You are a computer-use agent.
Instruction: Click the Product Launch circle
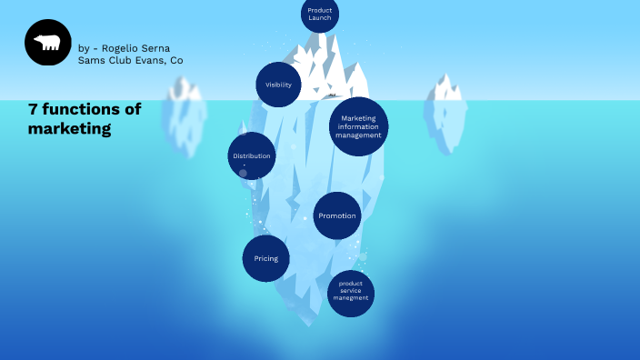coord(319,14)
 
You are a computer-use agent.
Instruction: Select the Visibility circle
coord(278,85)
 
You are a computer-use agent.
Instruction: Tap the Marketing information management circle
coord(359,126)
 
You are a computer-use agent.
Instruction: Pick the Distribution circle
coord(251,155)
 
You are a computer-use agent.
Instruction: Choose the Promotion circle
coord(337,216)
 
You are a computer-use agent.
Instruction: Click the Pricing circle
coord(265,258)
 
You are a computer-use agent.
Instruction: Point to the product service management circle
coord(350,294)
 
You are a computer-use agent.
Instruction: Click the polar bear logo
coord(48,43)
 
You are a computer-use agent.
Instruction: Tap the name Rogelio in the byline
coord(120,48)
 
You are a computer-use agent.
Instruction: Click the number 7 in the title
coord(32,110)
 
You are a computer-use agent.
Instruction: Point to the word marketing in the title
coord(69,129)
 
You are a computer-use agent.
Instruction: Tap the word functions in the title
coord(80,110)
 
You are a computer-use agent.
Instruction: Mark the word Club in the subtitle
coord(119,60)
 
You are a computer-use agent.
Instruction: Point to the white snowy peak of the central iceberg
coord(332,68)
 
